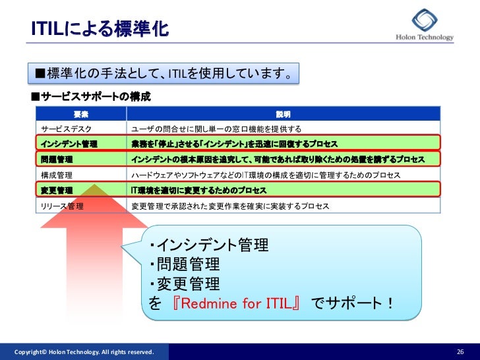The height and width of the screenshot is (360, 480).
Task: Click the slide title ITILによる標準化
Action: coord(100,30)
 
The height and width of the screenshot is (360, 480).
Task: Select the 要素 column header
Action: coord(82,114)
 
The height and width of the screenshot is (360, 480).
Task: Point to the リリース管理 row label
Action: coord(62,206)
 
